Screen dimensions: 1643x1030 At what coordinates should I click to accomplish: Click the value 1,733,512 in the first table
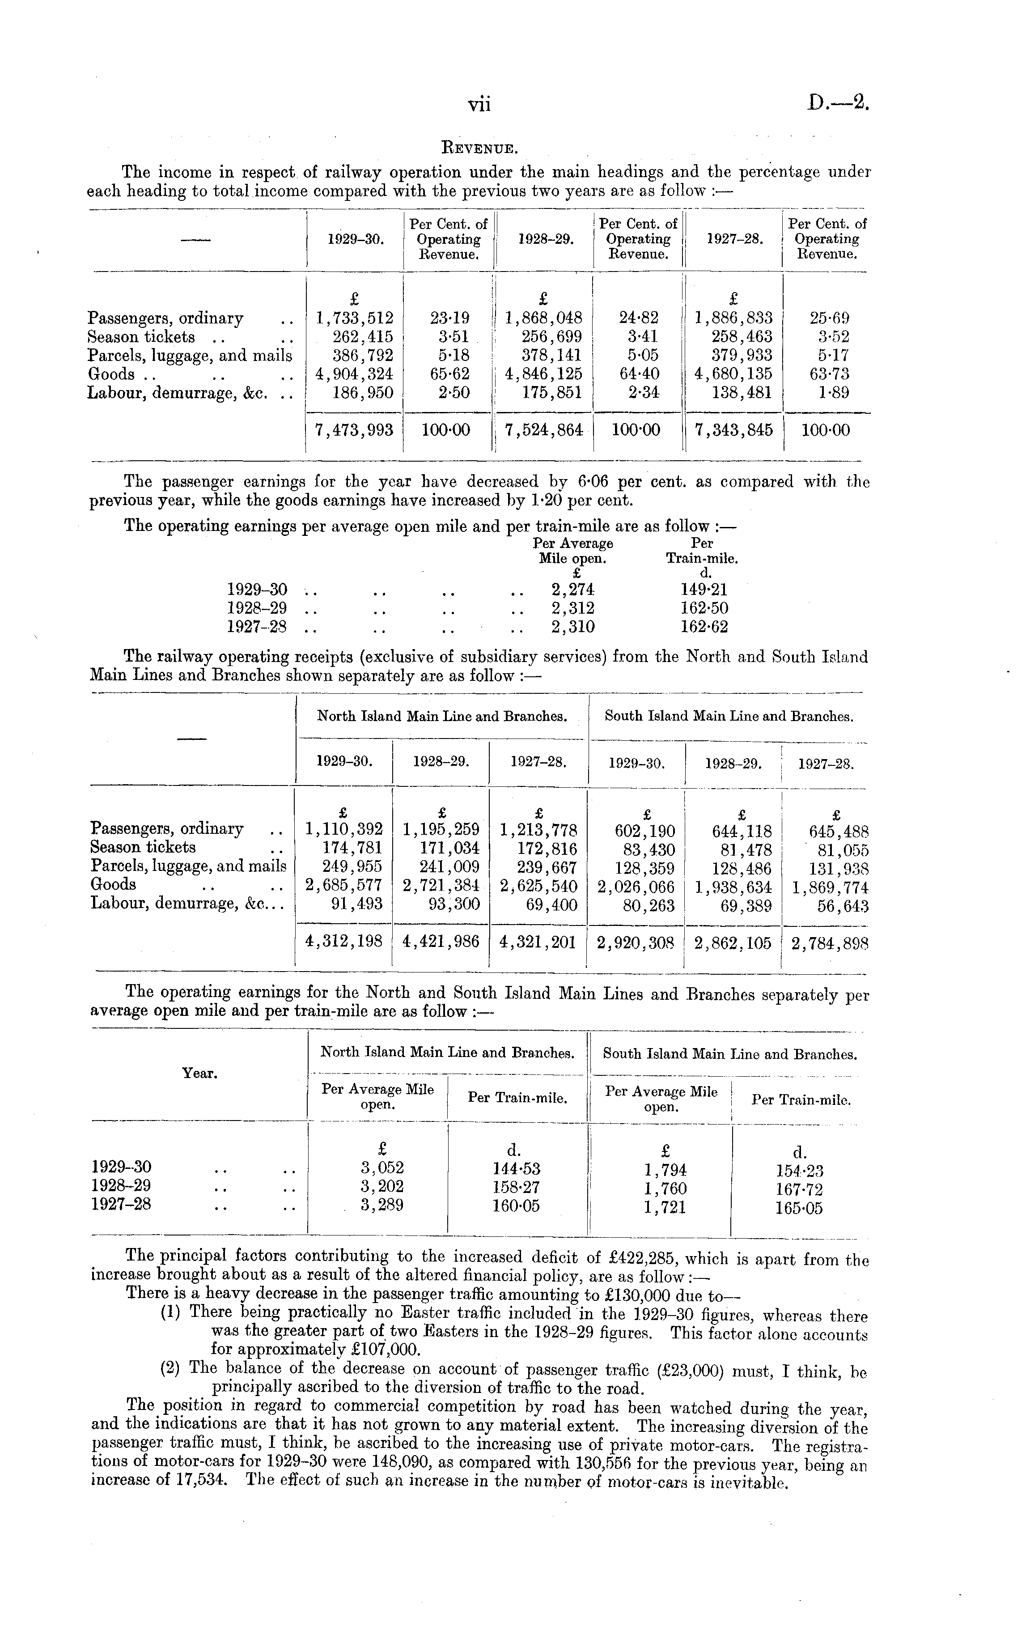[355, 318]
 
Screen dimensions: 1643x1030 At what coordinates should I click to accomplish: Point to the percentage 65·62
[449, 374]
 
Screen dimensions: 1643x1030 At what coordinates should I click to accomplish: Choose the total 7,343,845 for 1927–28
[733, 430]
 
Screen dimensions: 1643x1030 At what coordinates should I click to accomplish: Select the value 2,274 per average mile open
[573, 589]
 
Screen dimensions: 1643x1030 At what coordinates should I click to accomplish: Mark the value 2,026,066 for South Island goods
[636, 887]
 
